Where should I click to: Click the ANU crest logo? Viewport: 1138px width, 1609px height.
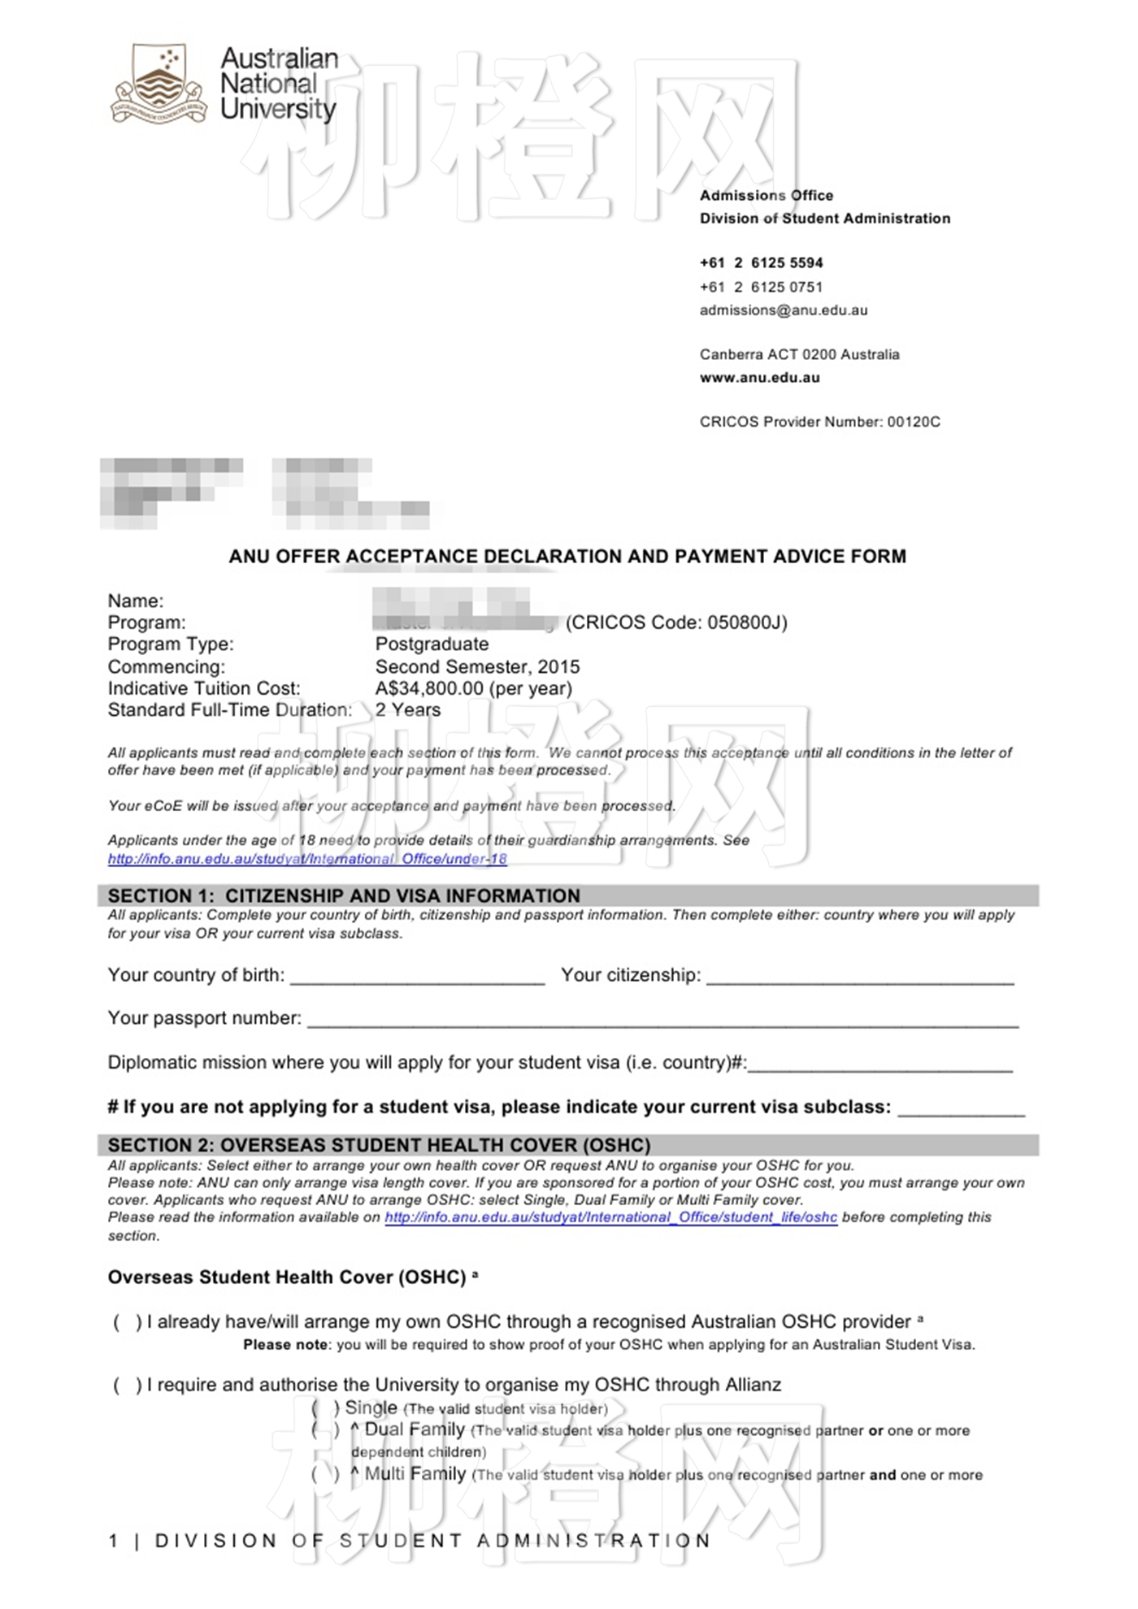[159, 84]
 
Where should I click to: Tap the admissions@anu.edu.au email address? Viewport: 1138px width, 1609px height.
[784, 310]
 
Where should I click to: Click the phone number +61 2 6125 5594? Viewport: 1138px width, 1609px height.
[762, 263]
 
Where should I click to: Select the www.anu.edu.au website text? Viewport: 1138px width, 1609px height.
[760, 378]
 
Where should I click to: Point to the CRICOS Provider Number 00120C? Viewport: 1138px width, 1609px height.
[819, 422]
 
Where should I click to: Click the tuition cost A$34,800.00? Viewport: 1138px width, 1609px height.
[429, 688]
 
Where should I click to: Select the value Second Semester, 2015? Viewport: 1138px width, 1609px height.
[477, 667]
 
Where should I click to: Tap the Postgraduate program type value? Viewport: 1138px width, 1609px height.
[432, 644]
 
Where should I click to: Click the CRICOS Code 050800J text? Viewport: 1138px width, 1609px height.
[676, 622]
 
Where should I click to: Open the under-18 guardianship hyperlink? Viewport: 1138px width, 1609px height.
[307, 859]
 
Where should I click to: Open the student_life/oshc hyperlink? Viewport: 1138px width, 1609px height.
[610, 1217]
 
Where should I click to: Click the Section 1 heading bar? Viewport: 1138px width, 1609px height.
[567, 896]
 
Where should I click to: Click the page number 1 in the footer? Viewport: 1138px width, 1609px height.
[114, 1541]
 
